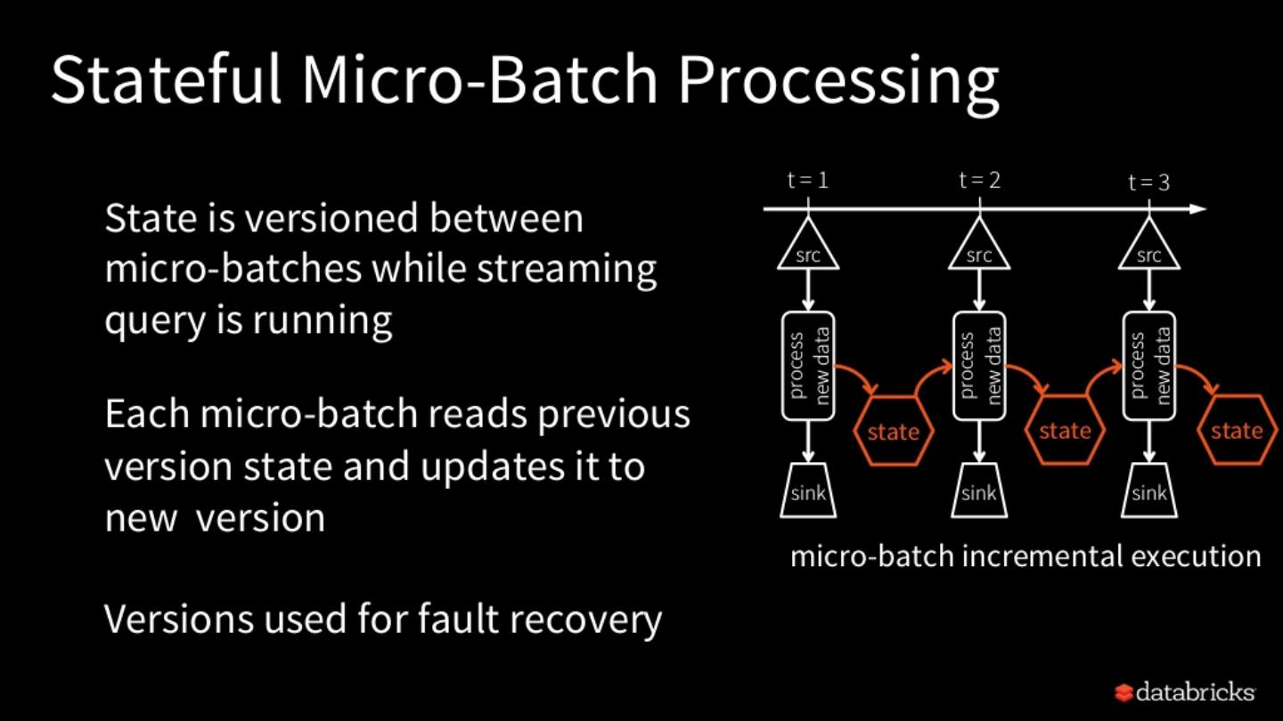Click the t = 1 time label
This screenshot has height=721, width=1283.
[808, 180]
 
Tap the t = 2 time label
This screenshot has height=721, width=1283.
[979, 180]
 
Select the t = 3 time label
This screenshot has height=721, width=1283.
[1148, 182]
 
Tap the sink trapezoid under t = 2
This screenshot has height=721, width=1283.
[979, 490]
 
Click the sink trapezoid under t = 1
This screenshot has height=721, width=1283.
[808, 490]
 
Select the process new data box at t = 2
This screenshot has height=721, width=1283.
[979, 366]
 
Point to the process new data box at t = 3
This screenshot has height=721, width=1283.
[1149, 366]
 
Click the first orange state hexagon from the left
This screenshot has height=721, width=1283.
[894, 432]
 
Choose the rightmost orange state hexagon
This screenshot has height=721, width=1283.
[1237, 431]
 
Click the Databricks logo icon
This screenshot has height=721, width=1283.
[1124, 692]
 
